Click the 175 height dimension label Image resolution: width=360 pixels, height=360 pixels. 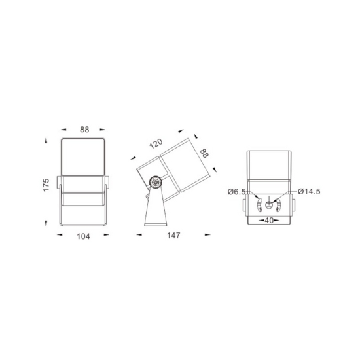click(x=46, y=185)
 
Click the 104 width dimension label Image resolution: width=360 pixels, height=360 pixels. click(x=83, y=236)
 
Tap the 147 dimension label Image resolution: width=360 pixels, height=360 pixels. click(x=173, y=236)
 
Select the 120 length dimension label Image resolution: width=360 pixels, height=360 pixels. click(x=156, y=143)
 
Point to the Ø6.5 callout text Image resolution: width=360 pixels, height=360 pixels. click(x=237, y=192)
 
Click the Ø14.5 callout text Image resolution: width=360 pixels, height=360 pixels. click(x=309, y=191)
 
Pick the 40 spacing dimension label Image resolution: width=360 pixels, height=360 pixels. click(x=269, y=221)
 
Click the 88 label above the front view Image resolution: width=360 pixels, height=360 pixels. click(x=84, y=130)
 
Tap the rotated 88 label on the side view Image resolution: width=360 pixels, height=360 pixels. click(x=204, y=153)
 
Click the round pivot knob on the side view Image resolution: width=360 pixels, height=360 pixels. click(x=155, y=183)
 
